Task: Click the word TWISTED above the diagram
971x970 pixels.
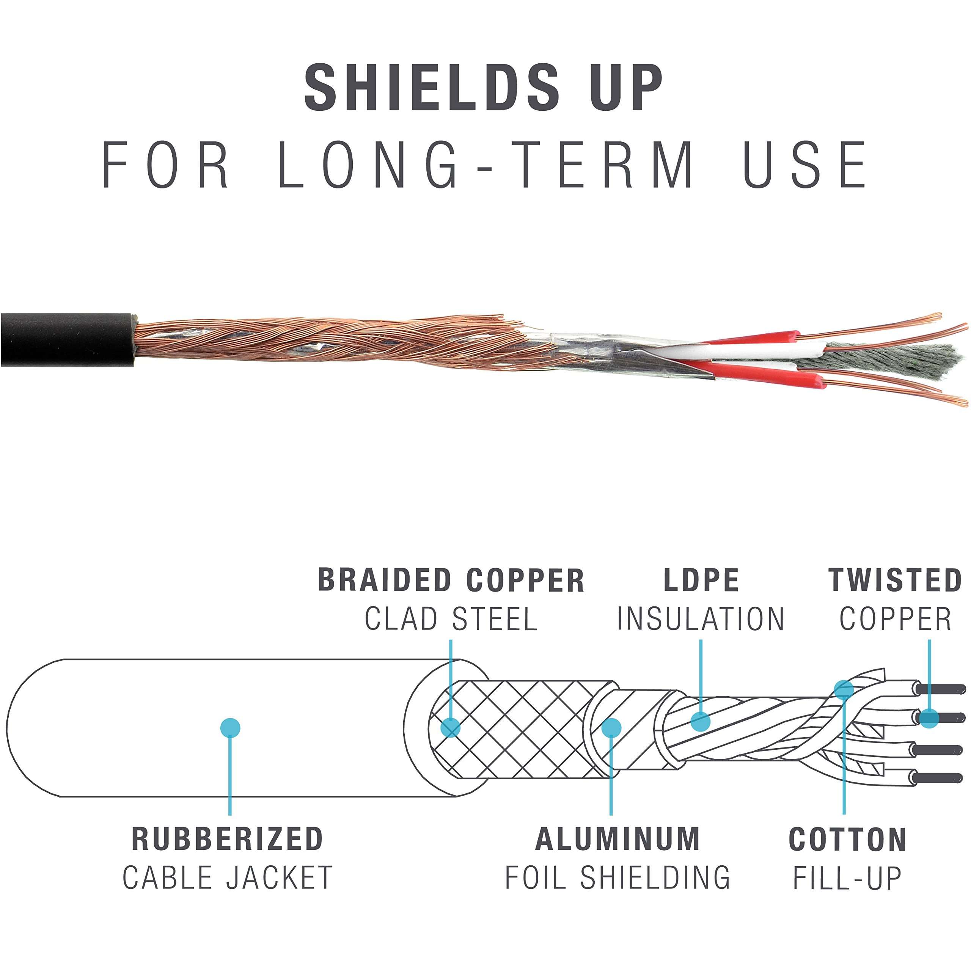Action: (x=895, y=581)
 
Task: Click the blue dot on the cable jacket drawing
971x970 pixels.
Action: (x=230, y=727)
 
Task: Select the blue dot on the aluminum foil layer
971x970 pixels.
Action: (x=611, y=727)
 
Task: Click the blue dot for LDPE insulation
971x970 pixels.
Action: (x=700, y=721)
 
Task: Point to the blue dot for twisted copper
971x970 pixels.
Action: (x=929, y=718)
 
